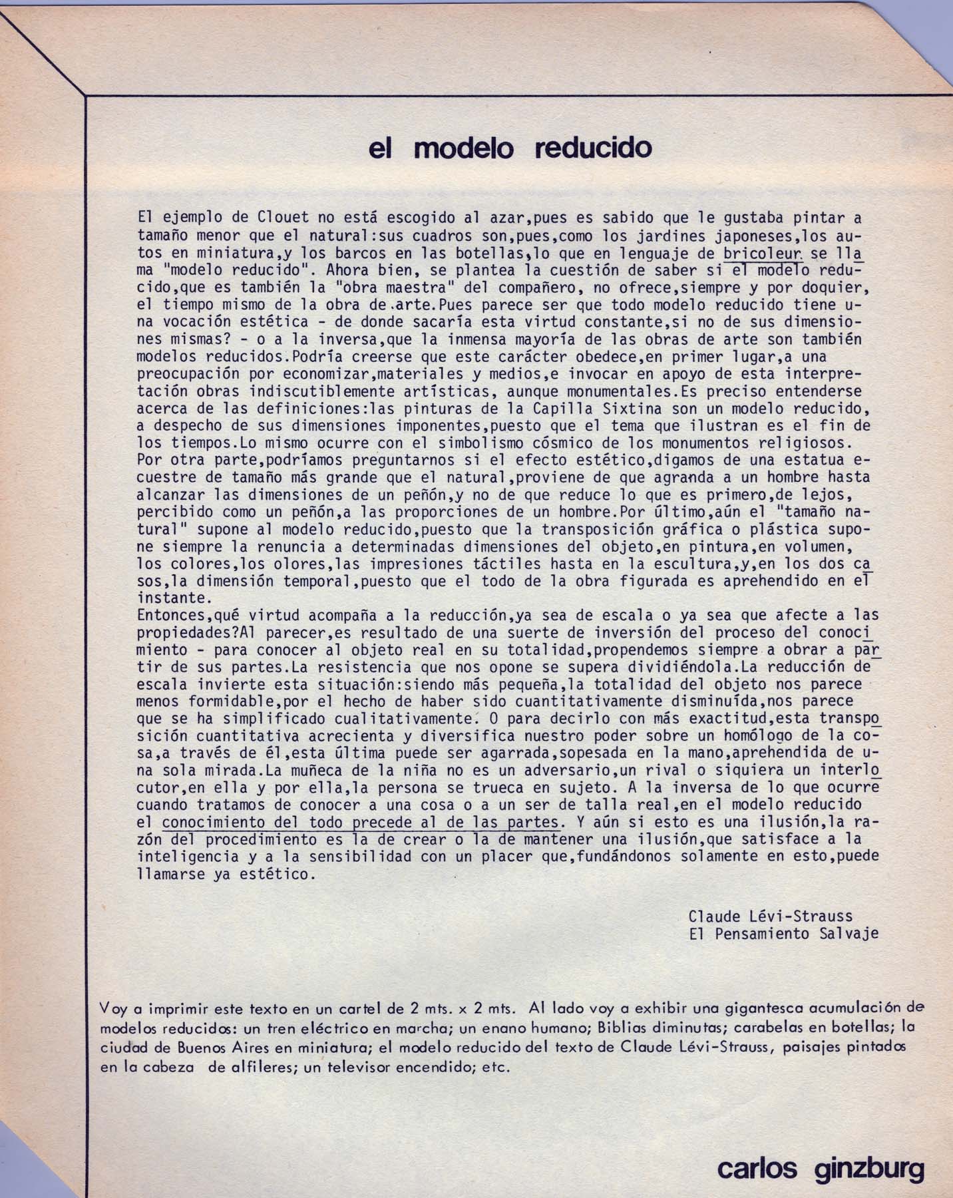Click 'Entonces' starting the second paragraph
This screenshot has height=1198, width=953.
168,615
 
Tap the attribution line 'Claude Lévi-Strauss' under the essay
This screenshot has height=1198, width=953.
771,916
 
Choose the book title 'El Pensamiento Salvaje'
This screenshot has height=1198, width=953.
783,934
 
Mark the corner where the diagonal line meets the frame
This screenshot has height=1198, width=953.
87,97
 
